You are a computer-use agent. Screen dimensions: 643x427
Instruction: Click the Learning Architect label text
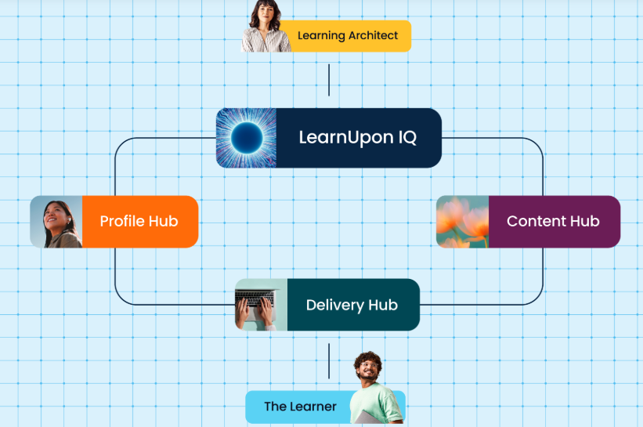(x=348, y=36)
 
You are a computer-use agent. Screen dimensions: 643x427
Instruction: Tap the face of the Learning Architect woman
(x=265, y=13)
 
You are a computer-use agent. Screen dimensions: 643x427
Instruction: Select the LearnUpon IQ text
(x=358, y=138)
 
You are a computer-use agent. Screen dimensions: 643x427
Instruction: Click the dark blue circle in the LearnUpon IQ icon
(x=247, y=138)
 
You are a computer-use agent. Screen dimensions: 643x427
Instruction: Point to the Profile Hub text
(x=139, y=222)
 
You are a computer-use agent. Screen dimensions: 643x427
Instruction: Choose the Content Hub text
(x=553, y=222)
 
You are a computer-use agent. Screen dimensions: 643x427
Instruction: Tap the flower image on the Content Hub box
(x=463, y=222)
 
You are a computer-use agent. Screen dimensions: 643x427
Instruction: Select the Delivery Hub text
(x=352, y=306)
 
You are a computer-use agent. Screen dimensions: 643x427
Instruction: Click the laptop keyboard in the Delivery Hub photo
(x=255, y=299)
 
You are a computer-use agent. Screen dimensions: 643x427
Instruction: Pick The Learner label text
(x=300, y=407)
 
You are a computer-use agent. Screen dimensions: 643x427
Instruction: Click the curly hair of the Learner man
(x=368, y=359)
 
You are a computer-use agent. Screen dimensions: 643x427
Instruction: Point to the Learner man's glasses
(x=369, y=365)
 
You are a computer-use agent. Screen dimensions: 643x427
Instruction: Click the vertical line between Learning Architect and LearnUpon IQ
(x=329, y=80)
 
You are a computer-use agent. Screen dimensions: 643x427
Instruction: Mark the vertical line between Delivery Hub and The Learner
(x=329, y=361)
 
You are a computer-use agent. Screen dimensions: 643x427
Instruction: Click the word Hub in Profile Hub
(x=163, y=222)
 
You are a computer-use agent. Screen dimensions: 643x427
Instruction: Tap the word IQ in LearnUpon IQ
(x=407, y=137)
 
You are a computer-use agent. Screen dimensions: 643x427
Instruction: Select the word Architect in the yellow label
(x=374, y=36)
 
